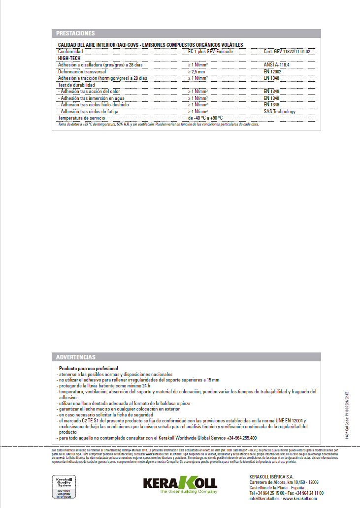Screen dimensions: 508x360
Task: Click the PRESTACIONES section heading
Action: click(x=75, y=33)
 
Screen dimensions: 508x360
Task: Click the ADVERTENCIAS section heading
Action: click(x=75, y=357)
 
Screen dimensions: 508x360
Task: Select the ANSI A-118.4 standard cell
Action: click(x=277, y=64)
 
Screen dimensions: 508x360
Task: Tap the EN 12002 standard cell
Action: click(x=273, y=71)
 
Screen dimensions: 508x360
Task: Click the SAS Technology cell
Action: click(x=279, y=111)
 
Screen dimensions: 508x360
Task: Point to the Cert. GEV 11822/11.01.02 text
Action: click(x=290, y=51)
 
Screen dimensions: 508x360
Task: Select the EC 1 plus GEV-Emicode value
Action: click(x=210, y=51)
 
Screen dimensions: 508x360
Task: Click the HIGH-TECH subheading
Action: click(x=69, y=58)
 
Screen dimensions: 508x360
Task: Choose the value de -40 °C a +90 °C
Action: click(x=205, y=118)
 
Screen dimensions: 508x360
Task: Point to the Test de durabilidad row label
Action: click(x=76, y=85)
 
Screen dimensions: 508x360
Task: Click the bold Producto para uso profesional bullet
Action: click(x=87, y=368)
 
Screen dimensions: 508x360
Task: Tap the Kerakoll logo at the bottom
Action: click(x=180, y=483)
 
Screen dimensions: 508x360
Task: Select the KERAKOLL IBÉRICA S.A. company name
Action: click(x=271, y=477)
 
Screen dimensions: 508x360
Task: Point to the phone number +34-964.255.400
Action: click(x=242, y=438)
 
